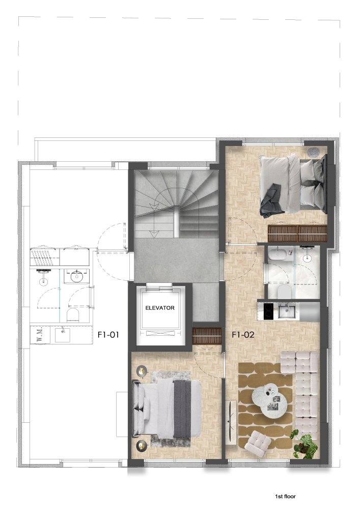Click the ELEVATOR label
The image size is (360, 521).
coord(160,308)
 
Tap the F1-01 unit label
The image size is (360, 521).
coord(108,335)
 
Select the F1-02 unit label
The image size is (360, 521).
coord(243,335)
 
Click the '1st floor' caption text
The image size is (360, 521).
coord(285,497)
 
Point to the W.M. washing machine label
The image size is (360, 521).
coord(40,335)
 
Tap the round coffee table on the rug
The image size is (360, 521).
coord(269,400)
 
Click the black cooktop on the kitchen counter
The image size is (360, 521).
coord(268,311)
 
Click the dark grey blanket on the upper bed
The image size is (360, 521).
coord(272,200)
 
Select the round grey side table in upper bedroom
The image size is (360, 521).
coord(313,152)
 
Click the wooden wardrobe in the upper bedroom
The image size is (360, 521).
coord(297,233)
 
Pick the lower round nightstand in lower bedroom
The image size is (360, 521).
coord(142,446)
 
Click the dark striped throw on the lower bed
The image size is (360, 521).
coord(182,409)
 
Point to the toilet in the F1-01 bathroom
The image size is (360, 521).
coord(73,314)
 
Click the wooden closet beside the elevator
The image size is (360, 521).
coord(207,336)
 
